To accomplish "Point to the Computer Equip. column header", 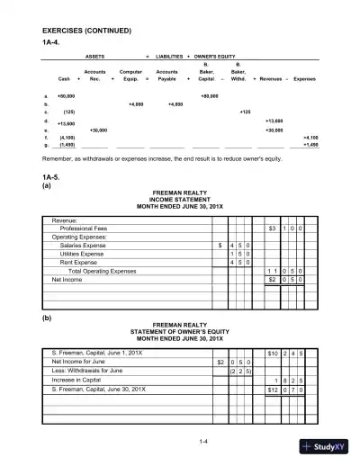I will (x=132, y=74).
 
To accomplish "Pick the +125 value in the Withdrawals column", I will (x=245, y=112).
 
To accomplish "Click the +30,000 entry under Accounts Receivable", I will (x=100, y=129).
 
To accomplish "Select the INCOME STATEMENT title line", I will (x=179, y=201).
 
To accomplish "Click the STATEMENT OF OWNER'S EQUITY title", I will (x=179, y=330).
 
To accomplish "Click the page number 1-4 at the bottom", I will (x=179, y=441).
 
